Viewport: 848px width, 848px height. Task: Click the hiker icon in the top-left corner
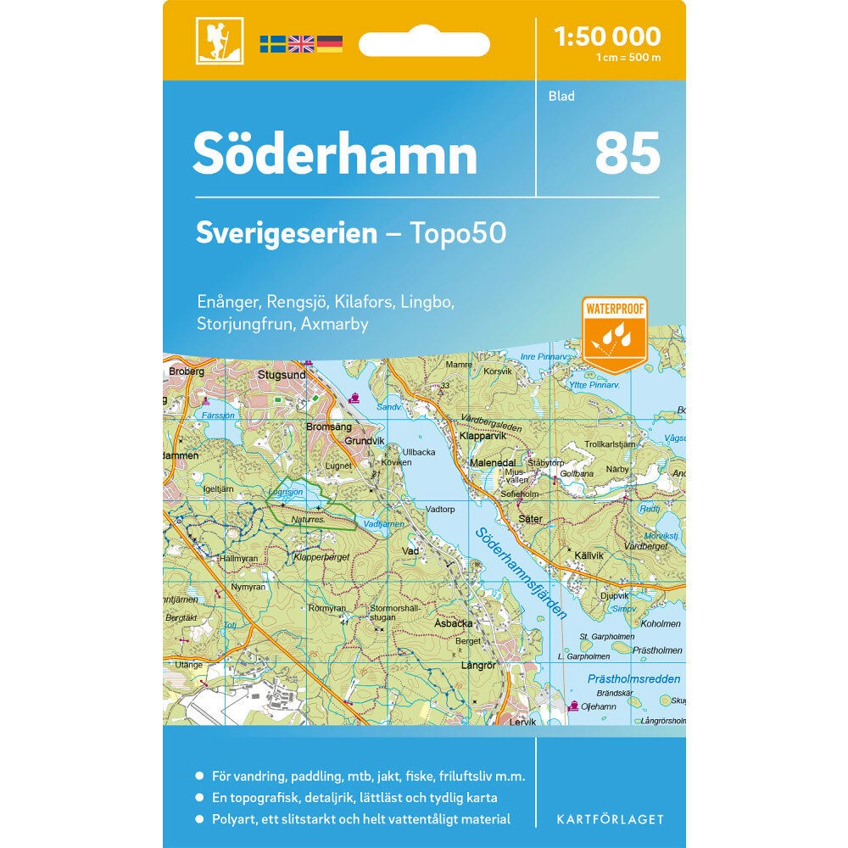click(x=219, y=41)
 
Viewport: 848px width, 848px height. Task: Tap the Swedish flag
click(x=272, y=44)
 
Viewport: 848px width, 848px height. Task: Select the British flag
click(x=301, y=44)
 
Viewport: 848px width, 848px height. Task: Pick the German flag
click(x=330, y=44)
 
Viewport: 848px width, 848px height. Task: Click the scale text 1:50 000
click(x=606, y=36)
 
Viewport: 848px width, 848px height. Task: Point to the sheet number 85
click(x=627, y=153)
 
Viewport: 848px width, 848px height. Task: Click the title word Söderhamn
click(x=334, y=154)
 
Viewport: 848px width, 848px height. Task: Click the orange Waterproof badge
click(x=614, y=332)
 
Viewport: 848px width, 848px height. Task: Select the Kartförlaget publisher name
click(x=609, y=819)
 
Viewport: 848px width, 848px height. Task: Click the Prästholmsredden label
click(x=633, y=678)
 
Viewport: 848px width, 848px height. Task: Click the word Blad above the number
click(x=561, y=96)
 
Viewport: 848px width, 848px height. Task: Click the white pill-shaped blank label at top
click(x=424, y=44)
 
